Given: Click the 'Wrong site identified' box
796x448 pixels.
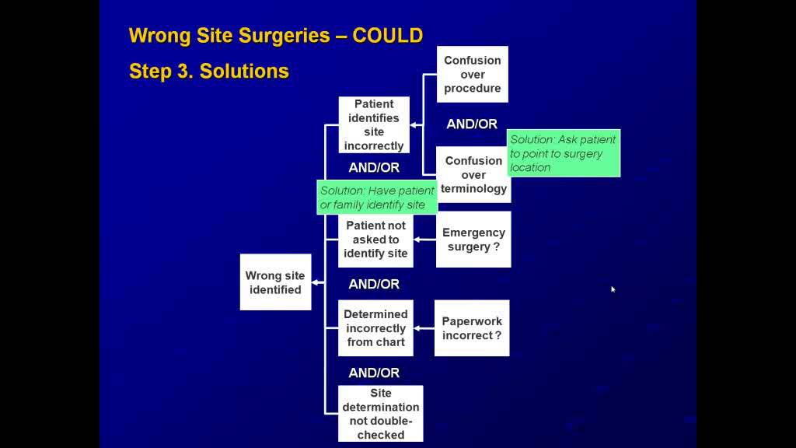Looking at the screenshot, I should pos(275,282).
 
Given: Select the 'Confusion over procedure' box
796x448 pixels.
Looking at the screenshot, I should pos(472,74).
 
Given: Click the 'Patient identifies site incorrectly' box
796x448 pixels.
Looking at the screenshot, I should pos(373,124).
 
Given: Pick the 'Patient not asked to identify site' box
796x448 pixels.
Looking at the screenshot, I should pos(375,240).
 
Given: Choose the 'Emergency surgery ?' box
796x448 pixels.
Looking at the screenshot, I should pos(473,240).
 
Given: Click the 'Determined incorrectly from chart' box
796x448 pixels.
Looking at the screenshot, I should pos(376,328).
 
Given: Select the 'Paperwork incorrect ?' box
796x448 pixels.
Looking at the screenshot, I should pos(472,328).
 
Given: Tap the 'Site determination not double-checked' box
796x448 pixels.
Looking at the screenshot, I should pos(381,414).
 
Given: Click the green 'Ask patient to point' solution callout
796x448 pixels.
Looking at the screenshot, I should pos(564,153).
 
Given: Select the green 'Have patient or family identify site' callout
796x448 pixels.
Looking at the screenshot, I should pos(378,198).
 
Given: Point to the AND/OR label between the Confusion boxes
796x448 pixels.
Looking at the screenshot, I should pos(472,124).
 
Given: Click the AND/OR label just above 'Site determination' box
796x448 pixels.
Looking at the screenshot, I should pos(374,373).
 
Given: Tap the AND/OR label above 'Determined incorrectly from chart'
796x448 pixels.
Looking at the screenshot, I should pos(374,285).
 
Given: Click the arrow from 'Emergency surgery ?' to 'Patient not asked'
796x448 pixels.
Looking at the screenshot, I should pos(424,240).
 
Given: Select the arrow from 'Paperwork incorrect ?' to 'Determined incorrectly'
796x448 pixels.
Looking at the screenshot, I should pos(424,328).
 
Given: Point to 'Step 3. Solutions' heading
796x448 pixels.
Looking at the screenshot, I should pos(208,72).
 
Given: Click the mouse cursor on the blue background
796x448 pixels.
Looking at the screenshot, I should pos(613,289).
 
